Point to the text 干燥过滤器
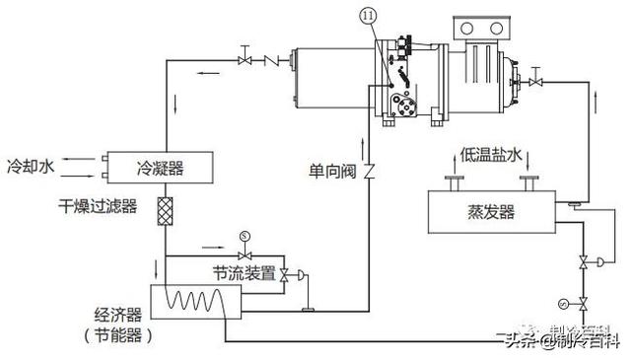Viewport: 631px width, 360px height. [96, 207]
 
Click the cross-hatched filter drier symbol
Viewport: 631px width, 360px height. [165, 212]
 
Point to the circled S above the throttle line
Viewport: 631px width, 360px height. [245, 236]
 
